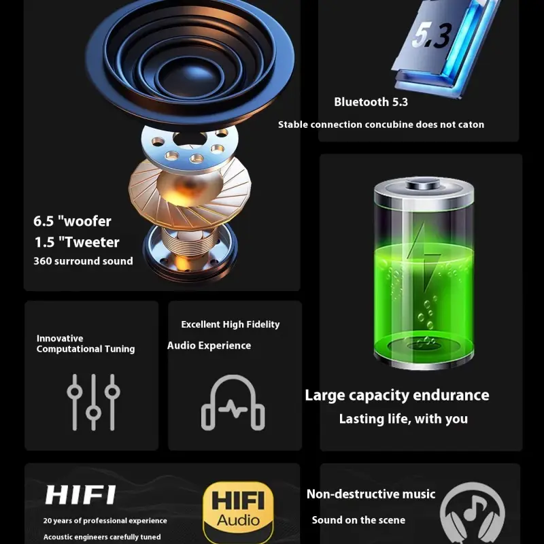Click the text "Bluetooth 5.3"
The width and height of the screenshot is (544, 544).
[371, 102]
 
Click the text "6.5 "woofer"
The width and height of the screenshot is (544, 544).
[72, 221]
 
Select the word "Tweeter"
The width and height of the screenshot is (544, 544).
[92, 242]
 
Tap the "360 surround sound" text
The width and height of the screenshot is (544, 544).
[83, 261]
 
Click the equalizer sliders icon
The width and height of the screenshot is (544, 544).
[93, 402]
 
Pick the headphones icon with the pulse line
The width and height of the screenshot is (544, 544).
[233, 403]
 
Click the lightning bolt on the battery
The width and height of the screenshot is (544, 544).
[424, 256]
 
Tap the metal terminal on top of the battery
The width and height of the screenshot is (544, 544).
[424, 183]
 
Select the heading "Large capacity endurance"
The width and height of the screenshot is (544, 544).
[397, 395]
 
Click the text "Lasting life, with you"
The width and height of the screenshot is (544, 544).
[403, 419]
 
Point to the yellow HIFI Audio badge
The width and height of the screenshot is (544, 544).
[238, 511]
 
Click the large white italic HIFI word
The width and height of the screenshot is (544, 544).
[80, 495]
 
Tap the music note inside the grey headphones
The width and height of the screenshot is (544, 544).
[473, 507]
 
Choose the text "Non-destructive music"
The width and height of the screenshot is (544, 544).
[371, 494]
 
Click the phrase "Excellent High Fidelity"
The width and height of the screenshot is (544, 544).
[231, 324]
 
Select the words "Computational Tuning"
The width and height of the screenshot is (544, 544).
[86, 349]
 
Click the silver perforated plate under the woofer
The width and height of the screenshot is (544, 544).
[190, 148]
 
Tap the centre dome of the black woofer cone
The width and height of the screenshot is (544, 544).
[190, 77]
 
